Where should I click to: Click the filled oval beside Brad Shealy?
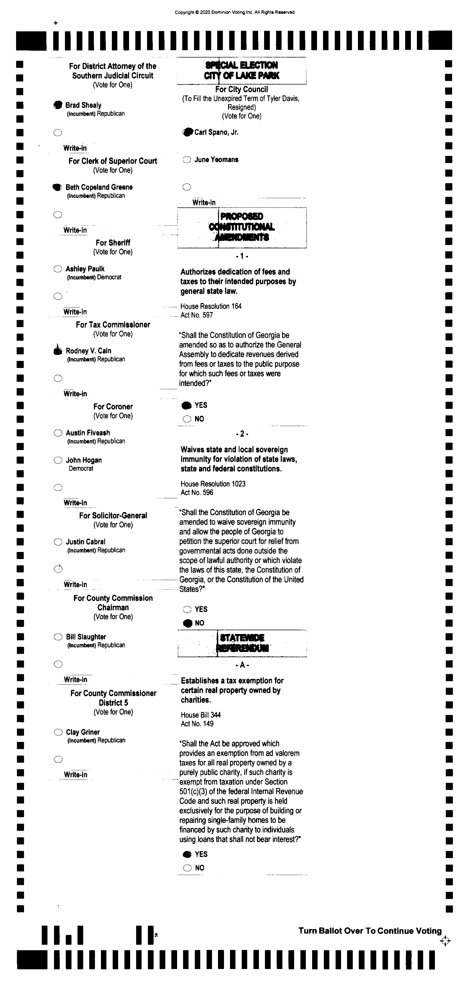coord(58,105)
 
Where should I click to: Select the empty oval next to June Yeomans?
coord(187,159)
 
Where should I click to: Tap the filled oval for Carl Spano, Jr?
coord(187,132)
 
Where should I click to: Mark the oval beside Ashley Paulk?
coord(58,269)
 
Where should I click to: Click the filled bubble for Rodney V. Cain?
coord(58,351)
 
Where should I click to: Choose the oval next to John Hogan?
coord(58,460)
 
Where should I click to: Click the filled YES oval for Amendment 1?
coord(187,405)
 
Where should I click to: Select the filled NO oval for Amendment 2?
coord(187,623)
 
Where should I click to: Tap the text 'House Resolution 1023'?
coord(213,484)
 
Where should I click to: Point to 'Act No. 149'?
coord(197,724)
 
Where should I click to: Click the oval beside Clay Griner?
coord(58,732)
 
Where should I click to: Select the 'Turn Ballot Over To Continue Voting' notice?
coord(370,931)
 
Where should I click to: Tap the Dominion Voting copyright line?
coord(234,12)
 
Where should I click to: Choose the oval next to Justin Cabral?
coord(58,542)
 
